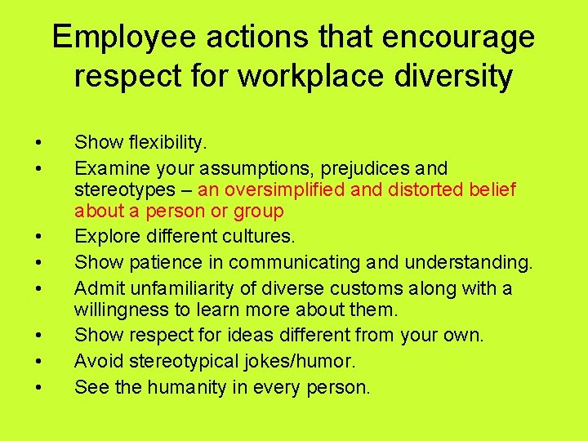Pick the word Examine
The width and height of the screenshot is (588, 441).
(109, 169)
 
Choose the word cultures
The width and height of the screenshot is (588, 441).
(260, 237)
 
